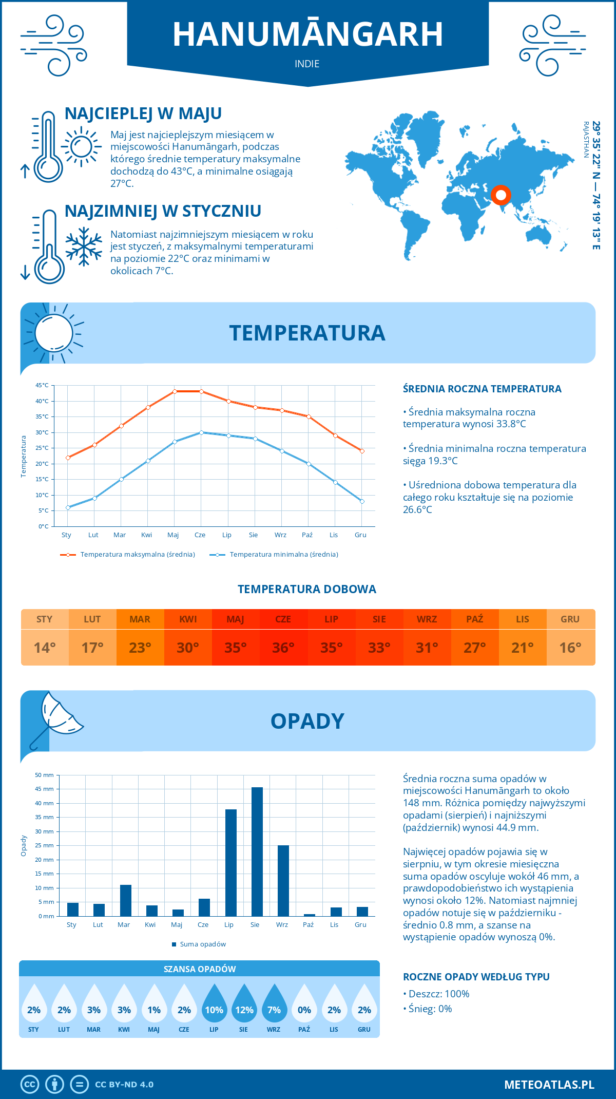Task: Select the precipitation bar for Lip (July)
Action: pyautogui.click(x=231, y=863)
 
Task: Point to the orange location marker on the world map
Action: pyautogui.click(x=500, y=195)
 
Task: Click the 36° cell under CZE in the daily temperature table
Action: pyautogui.click(x=283, y=648)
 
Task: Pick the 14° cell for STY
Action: pyautogui.click(x=45, y=648)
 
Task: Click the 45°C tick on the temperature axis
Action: pyautogui.click(x=42, y=385)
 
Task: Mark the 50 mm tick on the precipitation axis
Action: pyautogui.click(x=44, y=775)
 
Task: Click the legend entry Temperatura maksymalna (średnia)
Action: pyautogui.click(x=137, y=555)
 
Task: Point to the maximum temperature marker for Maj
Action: pyautogui.click(x=175, y=391)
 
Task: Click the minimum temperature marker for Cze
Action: pyautogui.click(x=201, y=432)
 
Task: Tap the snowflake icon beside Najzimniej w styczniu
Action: pyautogui.click(x=84, y=247)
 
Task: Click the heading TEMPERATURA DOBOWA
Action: pyautogui.click(x=307, y=589)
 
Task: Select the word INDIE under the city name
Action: pyautogui.click(x=307, y=64)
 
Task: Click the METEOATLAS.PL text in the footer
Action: pyautogui.click(x=549, y=1085)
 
